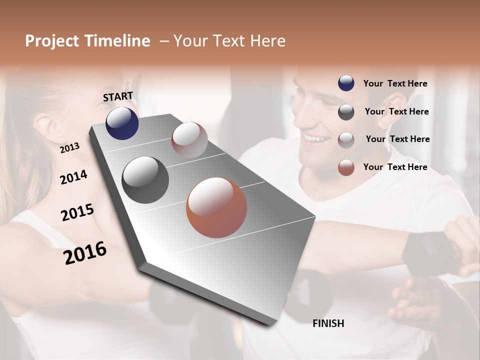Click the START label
[x=118, y=96]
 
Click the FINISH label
[x=328, y=323]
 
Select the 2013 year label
[x=69, y=148]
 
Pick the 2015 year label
[x=77, y=212]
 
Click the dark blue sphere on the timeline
[x=122, y=123]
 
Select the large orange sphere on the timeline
[x=216, y=207]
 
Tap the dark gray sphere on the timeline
[x=145, y=180]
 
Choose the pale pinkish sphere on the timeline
[x=189, y=139]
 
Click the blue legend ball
[x=346, y=83]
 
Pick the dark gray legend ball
[x=346, y=112]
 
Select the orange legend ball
[x=346, y=167]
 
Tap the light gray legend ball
[x=346, y=139]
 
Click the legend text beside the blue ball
[x=395, y=83]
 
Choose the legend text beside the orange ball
[x=395, y=167]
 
